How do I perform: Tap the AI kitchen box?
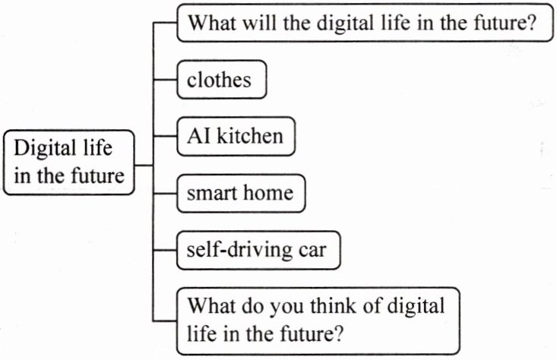(235, 137)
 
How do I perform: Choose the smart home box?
(240, 194)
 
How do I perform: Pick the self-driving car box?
(256, 250)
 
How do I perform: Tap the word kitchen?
(255, 137)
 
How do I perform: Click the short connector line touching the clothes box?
(165, 79)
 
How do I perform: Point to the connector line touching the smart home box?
(165, 194)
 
